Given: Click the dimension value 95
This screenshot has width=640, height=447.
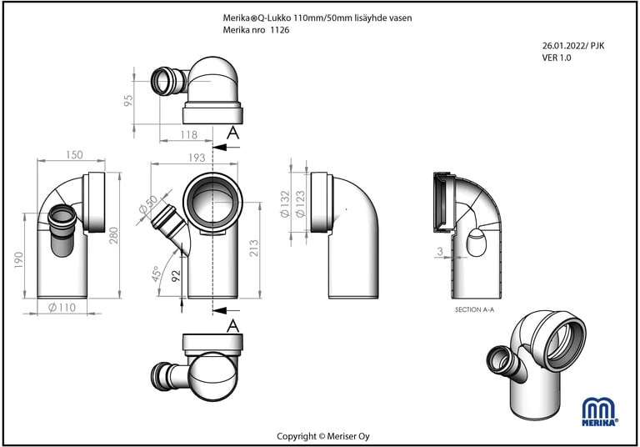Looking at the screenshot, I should click(129, 101).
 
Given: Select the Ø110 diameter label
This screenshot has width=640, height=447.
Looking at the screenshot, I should click(62, 308).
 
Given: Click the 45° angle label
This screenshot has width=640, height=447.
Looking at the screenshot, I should click(156, 274).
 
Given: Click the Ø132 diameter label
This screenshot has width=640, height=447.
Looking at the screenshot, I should click(285, 203).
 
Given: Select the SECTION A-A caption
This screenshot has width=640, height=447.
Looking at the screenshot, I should click(474, 309).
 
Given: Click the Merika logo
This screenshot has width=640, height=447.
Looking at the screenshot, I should click(601, 411).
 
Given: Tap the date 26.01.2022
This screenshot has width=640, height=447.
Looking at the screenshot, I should click(561, 46).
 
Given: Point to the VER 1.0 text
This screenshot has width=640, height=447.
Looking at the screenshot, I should click(556, 58).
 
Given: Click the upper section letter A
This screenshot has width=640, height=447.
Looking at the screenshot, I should click(233, 132).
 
